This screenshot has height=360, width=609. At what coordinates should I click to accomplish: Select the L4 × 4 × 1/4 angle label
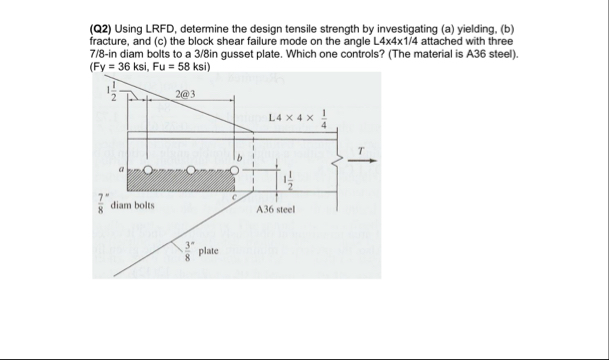300,121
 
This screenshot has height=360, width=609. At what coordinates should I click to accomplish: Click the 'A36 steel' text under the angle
273,211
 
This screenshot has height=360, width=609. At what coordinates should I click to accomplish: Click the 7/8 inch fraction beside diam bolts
100,205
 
